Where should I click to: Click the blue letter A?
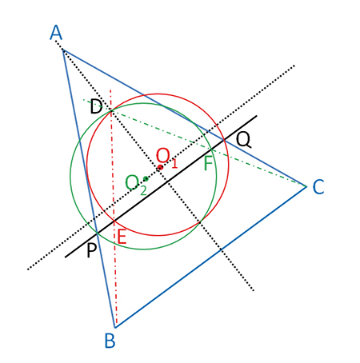(56, 33)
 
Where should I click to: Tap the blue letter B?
(110, 341)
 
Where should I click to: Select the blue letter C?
(318, 186)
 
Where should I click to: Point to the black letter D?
(96, 106)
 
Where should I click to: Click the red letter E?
(122, 237)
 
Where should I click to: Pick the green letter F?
(209, 163)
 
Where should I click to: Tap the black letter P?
(91, 250)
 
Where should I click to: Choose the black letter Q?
(243, 140)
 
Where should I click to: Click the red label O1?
(167, 158)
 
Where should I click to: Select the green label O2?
(136, 185)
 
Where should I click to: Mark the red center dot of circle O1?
(160, 167)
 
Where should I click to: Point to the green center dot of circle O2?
(146, 178)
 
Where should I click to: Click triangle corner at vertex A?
(63, 50)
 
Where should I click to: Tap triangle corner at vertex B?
(115, 328)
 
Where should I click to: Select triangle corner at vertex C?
(306, 186)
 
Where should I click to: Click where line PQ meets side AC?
(224, 139)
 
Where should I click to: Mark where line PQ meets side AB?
(98, 233)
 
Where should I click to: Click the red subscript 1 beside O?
(174, 162)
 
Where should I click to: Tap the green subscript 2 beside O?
(143, 190)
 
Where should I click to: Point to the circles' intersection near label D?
(111, 110)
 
